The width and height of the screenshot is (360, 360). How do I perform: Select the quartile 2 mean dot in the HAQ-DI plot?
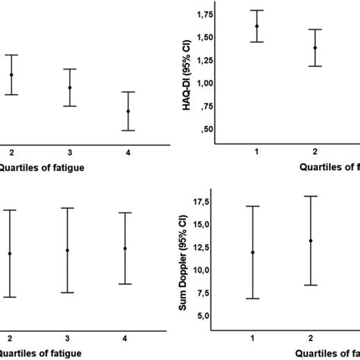click(315, 48)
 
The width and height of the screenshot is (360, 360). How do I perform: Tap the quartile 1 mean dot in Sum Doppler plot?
click(252, 252)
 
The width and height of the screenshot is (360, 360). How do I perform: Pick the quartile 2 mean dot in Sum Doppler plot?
click(311, 241)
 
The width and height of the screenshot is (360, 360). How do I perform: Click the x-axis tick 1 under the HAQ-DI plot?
click(257, 152)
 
